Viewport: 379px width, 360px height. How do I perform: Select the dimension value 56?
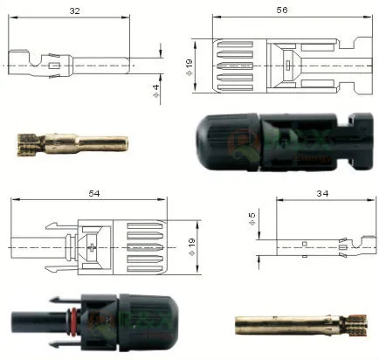(x=280, y=10)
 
